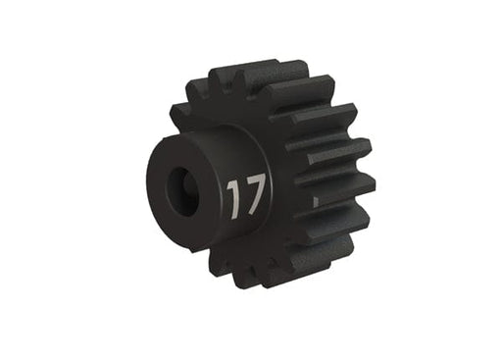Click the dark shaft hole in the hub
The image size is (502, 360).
[181, 185]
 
